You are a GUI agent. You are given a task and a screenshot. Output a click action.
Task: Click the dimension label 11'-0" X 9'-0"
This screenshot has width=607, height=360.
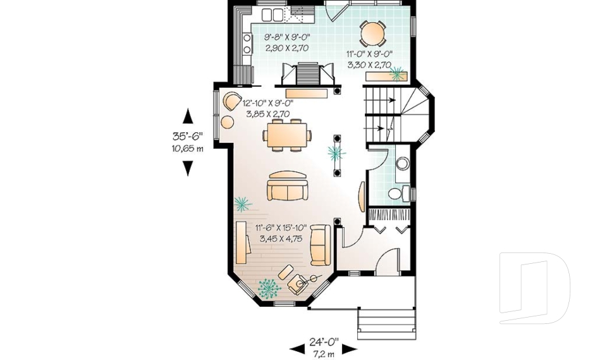(x=369, y=59)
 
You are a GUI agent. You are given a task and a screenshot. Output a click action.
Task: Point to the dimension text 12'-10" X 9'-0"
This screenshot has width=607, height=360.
(x=267, y=108)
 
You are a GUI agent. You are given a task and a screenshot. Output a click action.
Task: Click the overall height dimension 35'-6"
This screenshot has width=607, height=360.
(x=188, y=136)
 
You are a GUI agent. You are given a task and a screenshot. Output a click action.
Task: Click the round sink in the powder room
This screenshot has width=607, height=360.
(x=402, y=164)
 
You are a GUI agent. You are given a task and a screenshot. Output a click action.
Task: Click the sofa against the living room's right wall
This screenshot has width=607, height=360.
(x=320, y=245)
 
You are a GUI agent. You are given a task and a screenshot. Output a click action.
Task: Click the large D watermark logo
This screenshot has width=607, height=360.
(x=534, y=287)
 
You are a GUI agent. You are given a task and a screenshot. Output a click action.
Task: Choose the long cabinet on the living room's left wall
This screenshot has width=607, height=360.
(x=241, y=243)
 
